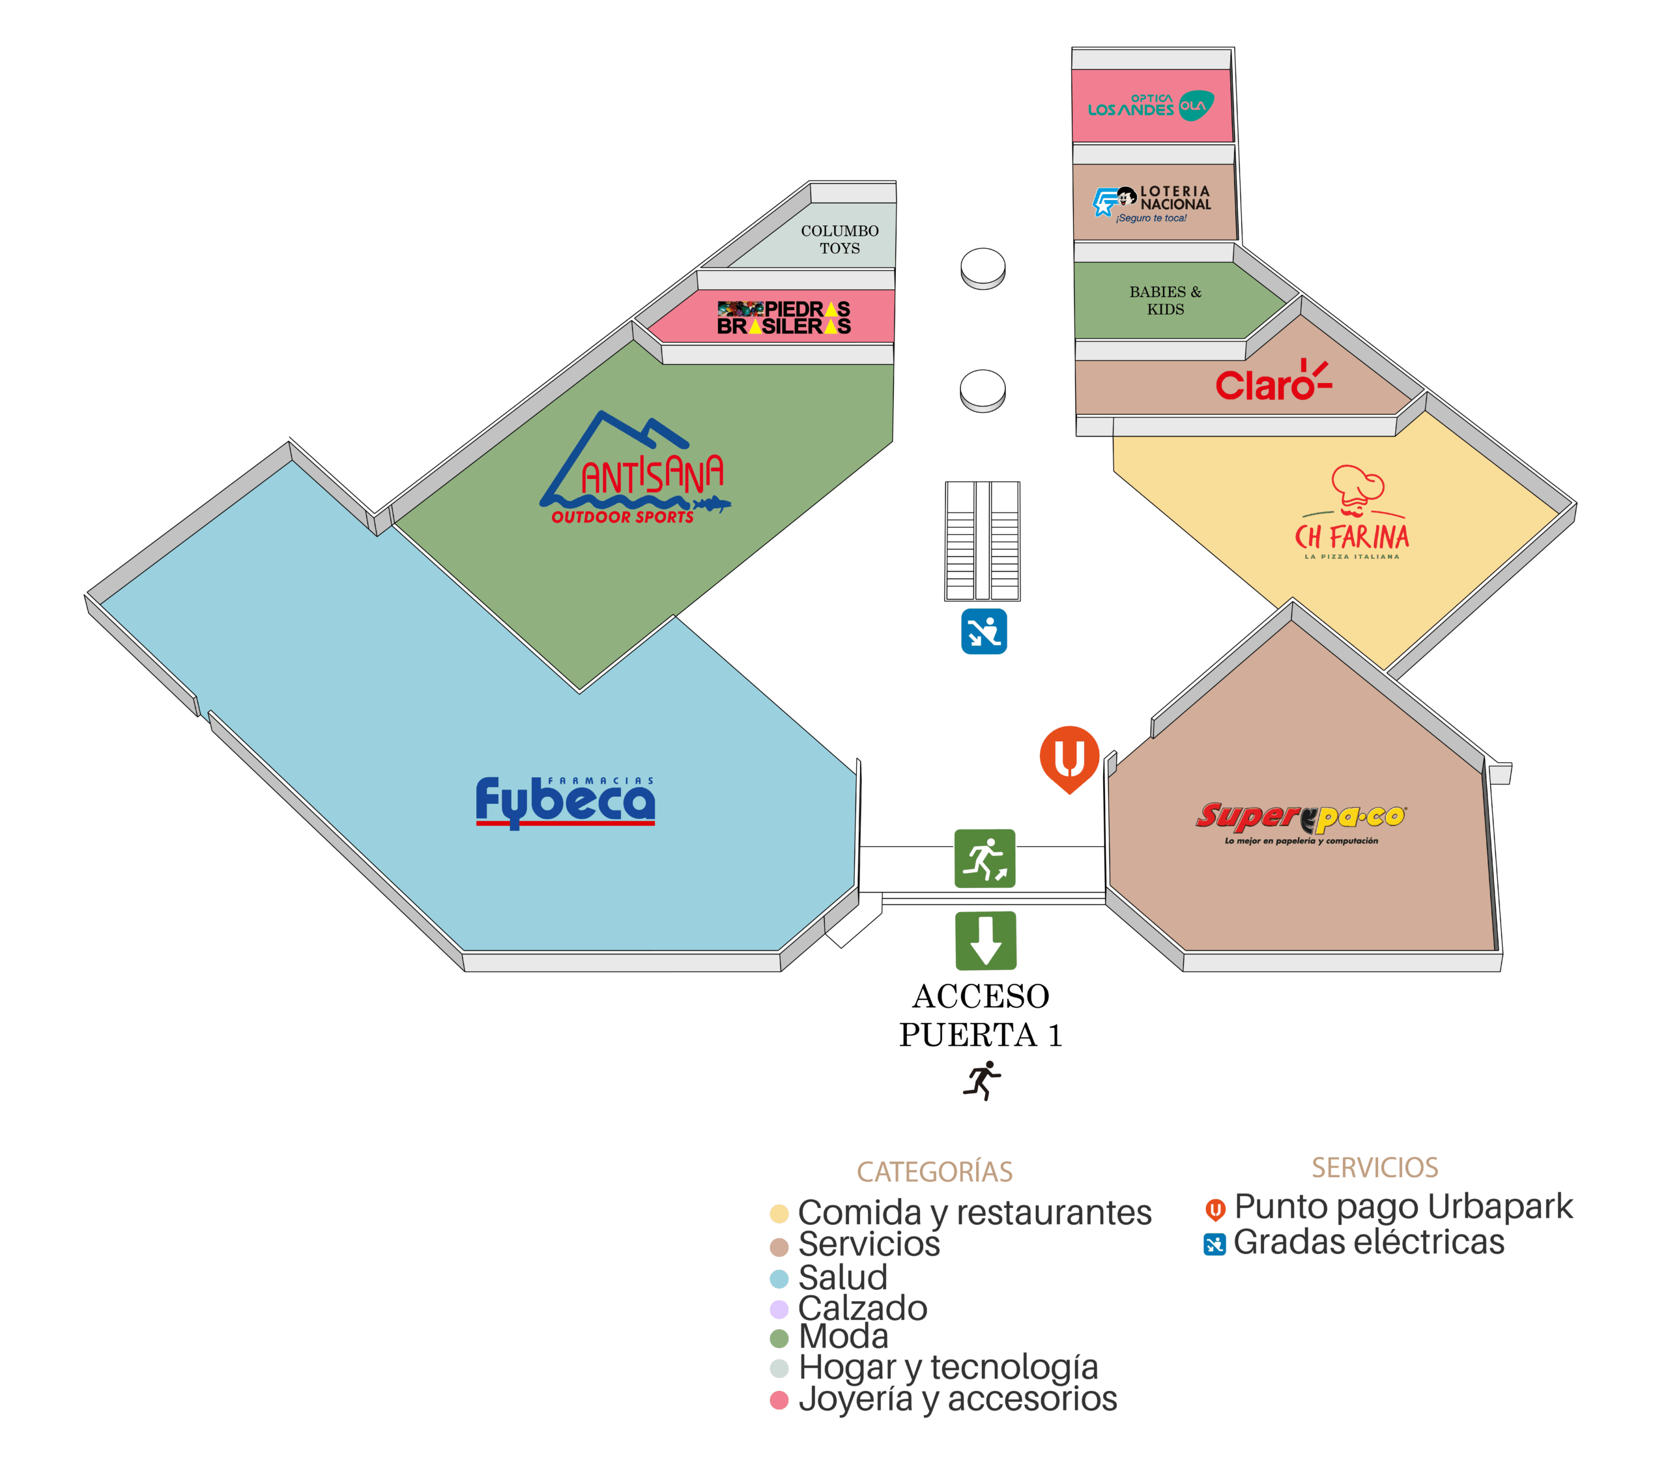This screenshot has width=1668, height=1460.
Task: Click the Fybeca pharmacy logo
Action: pyautogui.click(x=565, y=802)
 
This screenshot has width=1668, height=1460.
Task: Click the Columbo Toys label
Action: pyautogui.click(x=839, y=240)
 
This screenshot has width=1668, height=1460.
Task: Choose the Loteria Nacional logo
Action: pyautogui.click(x=1152, y=203)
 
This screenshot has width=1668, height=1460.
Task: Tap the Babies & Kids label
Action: pyautogui.click(x=1164, y=300)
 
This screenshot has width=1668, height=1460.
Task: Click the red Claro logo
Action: pyautogui.click(x=1272, y=381)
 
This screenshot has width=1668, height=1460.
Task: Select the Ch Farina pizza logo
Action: pyautogui.click(x=1351, y=513)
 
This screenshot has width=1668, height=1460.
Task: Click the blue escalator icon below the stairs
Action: pyautogui.click(x=983, y=631)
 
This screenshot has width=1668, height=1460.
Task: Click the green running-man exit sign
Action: pyautogui.click(x=985, y=859)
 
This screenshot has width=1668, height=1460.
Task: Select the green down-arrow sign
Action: pyautogui.click(x=985, y=941)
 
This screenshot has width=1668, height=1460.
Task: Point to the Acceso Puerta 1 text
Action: pyautogui.click(x=981, y=1015)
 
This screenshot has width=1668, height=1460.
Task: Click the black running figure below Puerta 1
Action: pyautogui.click(x=982, y=1080)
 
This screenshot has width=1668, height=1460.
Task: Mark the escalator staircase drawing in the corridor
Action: pyautogui.click(x=982, y=541)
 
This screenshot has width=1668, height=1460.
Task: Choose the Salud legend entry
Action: pyautogui.click(x=842, y=1278)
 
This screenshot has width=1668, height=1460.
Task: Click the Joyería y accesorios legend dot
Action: pyautogui.click(x=779, y=1399)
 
